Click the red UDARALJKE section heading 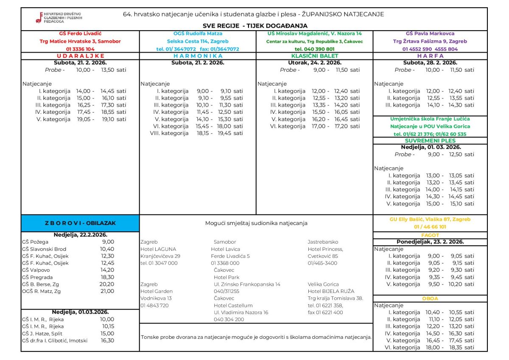point(80,56)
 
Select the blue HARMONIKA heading point(198,56)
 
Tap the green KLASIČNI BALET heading point(314,56)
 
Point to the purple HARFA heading point(430,56)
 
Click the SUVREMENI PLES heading point(430,141)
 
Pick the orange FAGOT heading point(430,235)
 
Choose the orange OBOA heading point(430,298)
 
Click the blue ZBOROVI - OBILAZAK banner point(80,223)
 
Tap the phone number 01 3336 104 point(80,49)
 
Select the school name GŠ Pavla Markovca point(430,34)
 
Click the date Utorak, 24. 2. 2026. point(314,62)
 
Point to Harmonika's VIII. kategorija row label point(169,133)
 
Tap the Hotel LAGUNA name point(158,249)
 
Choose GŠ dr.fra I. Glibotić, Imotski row point(55,340)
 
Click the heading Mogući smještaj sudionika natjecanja point(256,223)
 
